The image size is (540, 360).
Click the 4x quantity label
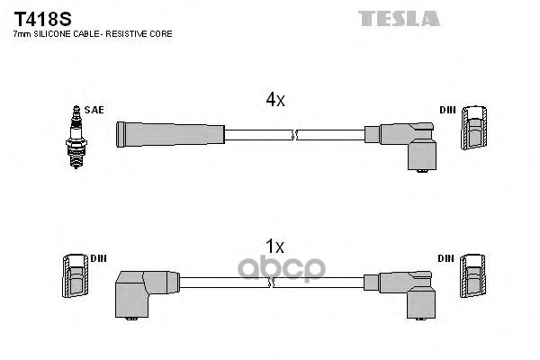(275, 101)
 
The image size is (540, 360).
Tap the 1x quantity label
(275, 246)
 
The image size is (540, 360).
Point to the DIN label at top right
(447, 110)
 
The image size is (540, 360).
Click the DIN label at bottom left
(99, 258)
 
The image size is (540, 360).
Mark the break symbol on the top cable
(295, 135)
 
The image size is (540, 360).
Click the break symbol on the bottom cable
(274, 282)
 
